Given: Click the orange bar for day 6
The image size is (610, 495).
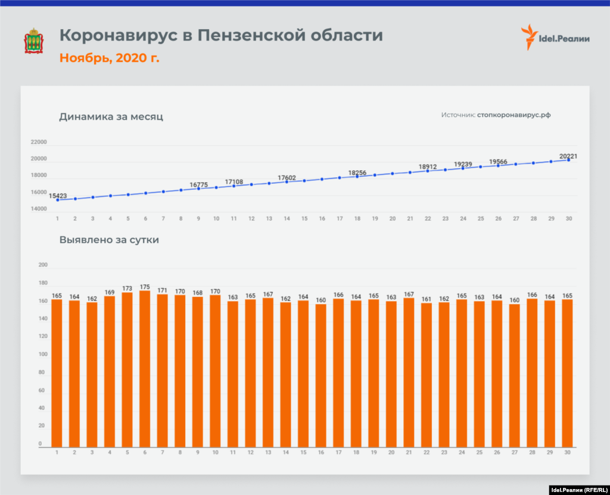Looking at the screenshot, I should (x=145, y=369).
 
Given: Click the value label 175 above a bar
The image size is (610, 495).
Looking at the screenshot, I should (x=145, y=286).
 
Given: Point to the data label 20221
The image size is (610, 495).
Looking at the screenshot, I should (x=568, y=156).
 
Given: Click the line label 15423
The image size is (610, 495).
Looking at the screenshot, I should (x=58, y=195).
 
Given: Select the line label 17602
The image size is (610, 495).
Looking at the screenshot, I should (x=287, y=177).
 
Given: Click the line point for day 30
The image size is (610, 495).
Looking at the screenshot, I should (x=569, y=160).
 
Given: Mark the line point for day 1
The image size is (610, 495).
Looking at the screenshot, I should (x=57, y=200).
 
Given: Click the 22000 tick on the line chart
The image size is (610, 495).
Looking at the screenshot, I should (x=39, y=142).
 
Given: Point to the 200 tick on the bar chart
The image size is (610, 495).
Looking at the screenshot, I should (x=42, y=265).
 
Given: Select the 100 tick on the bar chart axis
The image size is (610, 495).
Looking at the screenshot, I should (x=42, y=355).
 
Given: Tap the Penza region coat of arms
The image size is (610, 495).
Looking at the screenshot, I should (x=32, y=40).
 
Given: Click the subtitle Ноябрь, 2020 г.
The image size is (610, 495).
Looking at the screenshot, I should (x=109, y=58).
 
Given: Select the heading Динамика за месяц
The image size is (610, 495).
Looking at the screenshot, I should (x=111, y=117).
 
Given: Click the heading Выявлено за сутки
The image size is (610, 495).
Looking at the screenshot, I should (x=109, y=240).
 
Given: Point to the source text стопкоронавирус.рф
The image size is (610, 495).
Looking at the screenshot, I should (x=513, y=115).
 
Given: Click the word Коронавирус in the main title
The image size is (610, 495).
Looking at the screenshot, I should (x=119, y=35).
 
